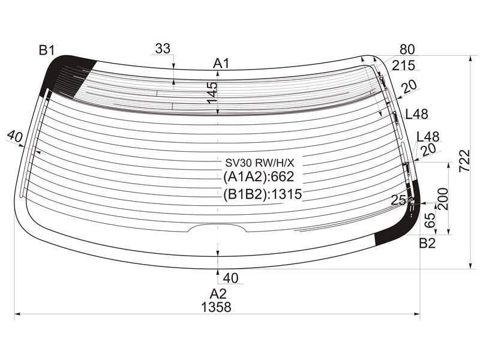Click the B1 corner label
[x=47, y=50]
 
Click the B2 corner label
[x=427, y=244]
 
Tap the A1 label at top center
[x=221, y=64]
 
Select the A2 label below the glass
[x=218, y=294]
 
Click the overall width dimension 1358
[x=216, y=307]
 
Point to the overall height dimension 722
[x=464, y=161]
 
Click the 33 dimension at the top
[x=163, y=49]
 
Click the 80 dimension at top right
[x=407, y=49]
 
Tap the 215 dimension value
[x=403, y=65]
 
